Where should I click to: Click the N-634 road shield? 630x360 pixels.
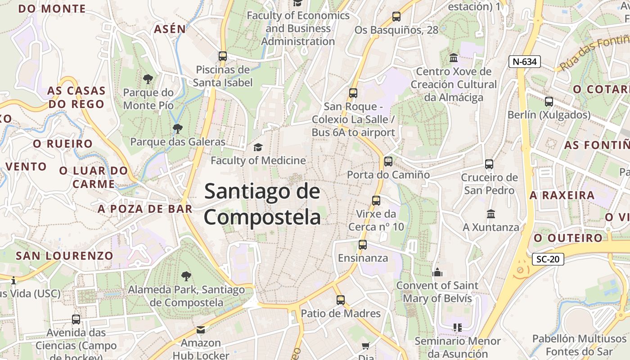pos(524,62)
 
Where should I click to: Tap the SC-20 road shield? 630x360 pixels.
pos(548,259)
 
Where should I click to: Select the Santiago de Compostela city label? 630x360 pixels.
pos(262,204)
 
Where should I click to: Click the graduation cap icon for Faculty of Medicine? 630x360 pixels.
pos(258,147)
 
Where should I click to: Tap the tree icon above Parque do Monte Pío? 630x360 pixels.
pos(148,80)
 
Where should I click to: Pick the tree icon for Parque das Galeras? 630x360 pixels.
pos(178,129)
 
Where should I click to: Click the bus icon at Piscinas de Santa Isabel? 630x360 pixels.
pos(222,56)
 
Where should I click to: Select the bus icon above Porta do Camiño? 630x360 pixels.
pos(388,162)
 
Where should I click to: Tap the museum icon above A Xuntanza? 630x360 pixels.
pos(490,214)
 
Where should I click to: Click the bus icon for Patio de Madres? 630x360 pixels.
pos(341,300)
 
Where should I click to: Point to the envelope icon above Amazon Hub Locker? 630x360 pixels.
pos(201,330)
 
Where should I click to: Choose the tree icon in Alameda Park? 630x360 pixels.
pos(186,276)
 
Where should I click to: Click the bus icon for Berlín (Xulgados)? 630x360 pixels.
pos(549,102)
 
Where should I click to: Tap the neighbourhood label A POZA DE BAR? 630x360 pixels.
pos(145,209)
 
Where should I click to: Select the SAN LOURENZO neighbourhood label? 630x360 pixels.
pos(64,256)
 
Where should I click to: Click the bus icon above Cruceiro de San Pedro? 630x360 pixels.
pos(489,164)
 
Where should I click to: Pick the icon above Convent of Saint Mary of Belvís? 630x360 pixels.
pos(437,272)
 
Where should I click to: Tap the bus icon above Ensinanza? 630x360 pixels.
pos(363,245)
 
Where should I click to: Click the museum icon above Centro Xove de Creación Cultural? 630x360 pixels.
pos(454,58)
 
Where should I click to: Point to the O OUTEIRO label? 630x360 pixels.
pos(568,238)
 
